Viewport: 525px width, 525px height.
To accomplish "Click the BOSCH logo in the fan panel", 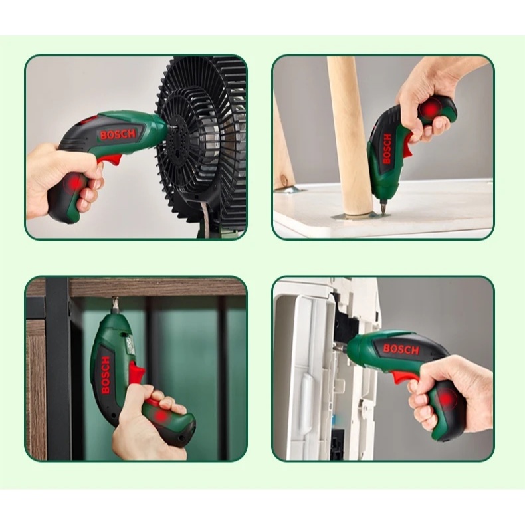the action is pos(118,134).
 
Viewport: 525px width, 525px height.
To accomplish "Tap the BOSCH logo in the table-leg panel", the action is pos(387,149).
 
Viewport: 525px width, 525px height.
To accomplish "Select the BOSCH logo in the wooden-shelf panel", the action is pos(105,375).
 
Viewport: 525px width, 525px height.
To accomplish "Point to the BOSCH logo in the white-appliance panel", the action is pos(401,349).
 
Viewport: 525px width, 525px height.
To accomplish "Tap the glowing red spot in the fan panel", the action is pos(74,183).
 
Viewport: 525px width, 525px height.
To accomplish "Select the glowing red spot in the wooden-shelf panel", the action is pos(161,416).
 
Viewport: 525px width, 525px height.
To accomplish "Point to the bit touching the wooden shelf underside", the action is pos(117,304).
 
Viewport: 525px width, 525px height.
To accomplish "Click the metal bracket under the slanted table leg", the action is pos(290,190).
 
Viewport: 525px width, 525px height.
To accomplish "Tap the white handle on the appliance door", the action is pos(306,402).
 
